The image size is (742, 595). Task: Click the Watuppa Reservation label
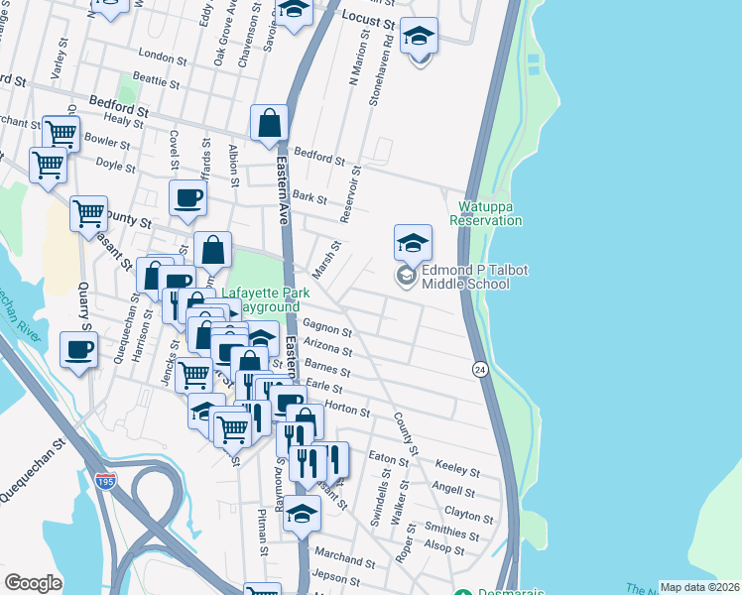[490, 213]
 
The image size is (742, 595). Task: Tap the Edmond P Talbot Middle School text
[465, 277]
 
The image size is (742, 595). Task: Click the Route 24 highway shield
[479, 369]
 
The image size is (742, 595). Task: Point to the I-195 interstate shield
[106, 480]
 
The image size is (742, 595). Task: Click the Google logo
[33, 583]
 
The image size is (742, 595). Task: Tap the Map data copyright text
[698, 587]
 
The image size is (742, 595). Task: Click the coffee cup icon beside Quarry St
[79, 349]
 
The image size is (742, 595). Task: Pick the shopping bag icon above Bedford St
[269, 124]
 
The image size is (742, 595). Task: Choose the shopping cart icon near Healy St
[62, 132]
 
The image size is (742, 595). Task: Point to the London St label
[164, 56]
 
